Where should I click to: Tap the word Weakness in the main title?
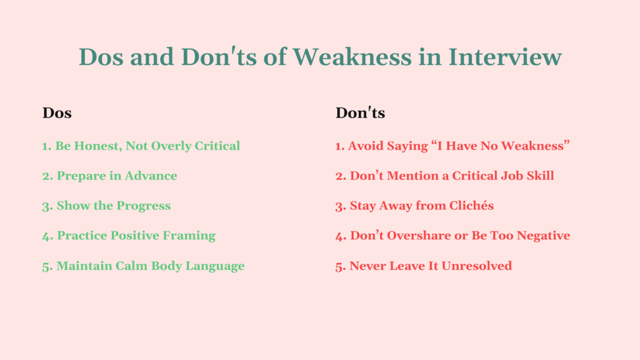click(352, 57)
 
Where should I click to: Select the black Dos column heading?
click(57, 113)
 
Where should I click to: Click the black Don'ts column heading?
click(360, 113)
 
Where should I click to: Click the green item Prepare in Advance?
click(110, 176)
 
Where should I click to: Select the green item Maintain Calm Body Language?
click(143, 266)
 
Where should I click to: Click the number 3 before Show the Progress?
click(46, 206)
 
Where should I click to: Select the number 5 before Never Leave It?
click(339, 266)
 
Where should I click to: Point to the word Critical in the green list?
click(216, 146)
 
